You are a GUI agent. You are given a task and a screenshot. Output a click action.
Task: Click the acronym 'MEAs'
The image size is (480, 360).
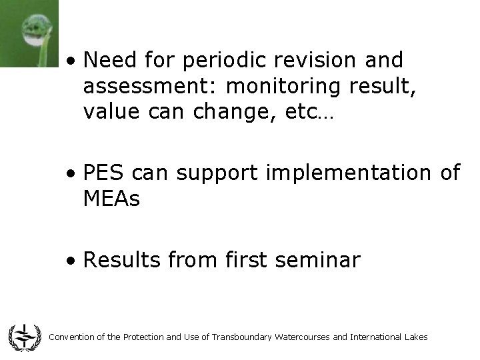(x=112, y=198)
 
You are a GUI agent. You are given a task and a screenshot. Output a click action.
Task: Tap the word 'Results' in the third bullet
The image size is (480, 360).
(x=122, y=260)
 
